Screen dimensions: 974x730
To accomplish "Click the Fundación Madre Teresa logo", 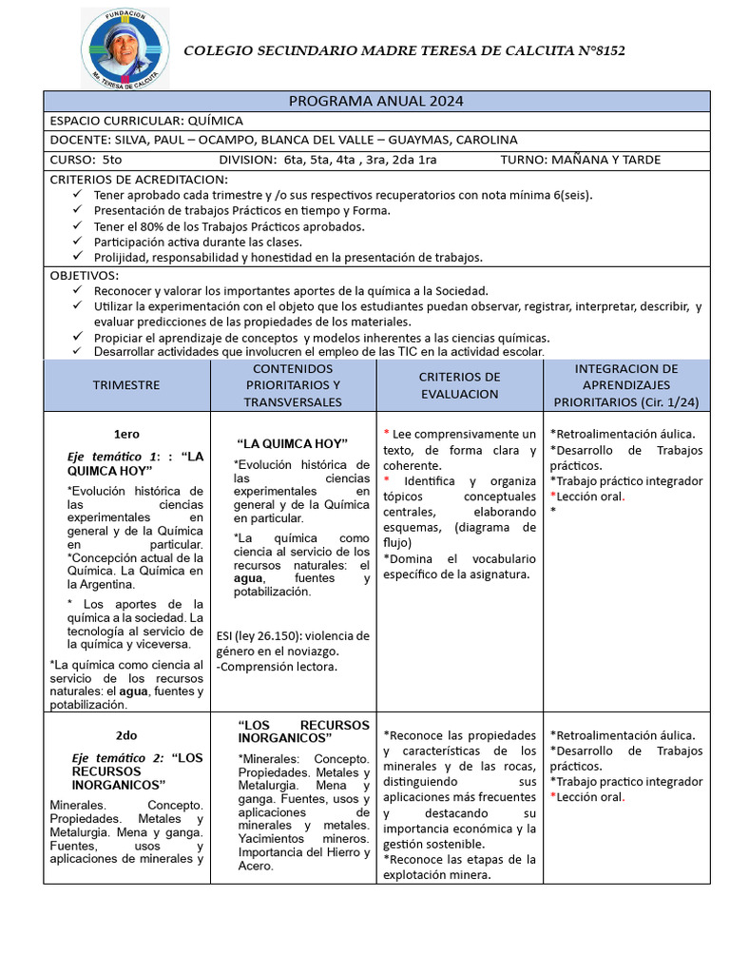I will pos(125,50).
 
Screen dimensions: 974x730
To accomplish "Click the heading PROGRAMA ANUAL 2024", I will pos(376,102).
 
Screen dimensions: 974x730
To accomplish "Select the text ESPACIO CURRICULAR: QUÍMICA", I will pos(146,121).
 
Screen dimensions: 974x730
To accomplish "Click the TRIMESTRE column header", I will pos(126,385).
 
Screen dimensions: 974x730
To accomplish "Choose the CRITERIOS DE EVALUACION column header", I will pos(459,385).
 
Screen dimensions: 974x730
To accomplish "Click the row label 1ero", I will pos(126,434).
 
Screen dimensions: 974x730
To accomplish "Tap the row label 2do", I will pos(126,735).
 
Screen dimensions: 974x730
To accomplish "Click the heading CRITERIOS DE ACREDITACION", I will pos(139,179).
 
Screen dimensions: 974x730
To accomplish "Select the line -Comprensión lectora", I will pos(277,667).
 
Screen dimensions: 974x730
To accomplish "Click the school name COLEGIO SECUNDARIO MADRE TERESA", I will pos(404,50).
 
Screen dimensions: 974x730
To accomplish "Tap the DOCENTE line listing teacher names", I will pos(283,140).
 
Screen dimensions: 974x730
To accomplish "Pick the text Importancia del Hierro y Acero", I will pos(303,859).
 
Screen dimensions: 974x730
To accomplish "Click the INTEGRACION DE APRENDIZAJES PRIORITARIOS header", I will pos(626,385).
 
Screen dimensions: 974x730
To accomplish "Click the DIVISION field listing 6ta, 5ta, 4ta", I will pos(328,159).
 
